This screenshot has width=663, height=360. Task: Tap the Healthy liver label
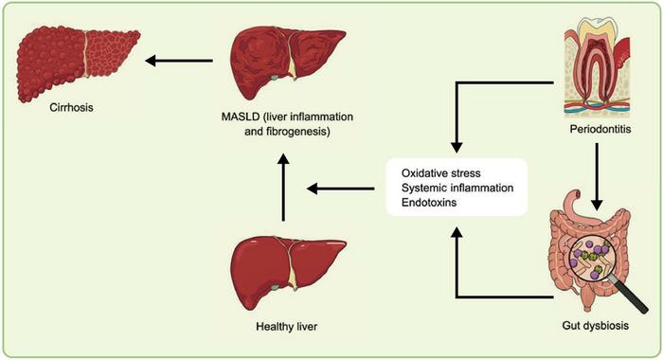tap(288, 328)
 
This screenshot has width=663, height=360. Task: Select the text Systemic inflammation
tap(457, 189)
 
